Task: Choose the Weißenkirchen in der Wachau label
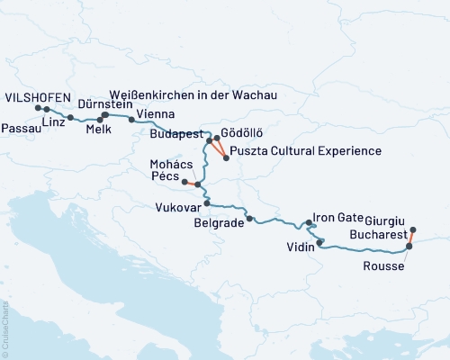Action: click(192, 94)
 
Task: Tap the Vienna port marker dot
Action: click(131, 119)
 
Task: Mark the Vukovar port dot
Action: click(206, 203)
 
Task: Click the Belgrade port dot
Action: click(249, 219)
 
